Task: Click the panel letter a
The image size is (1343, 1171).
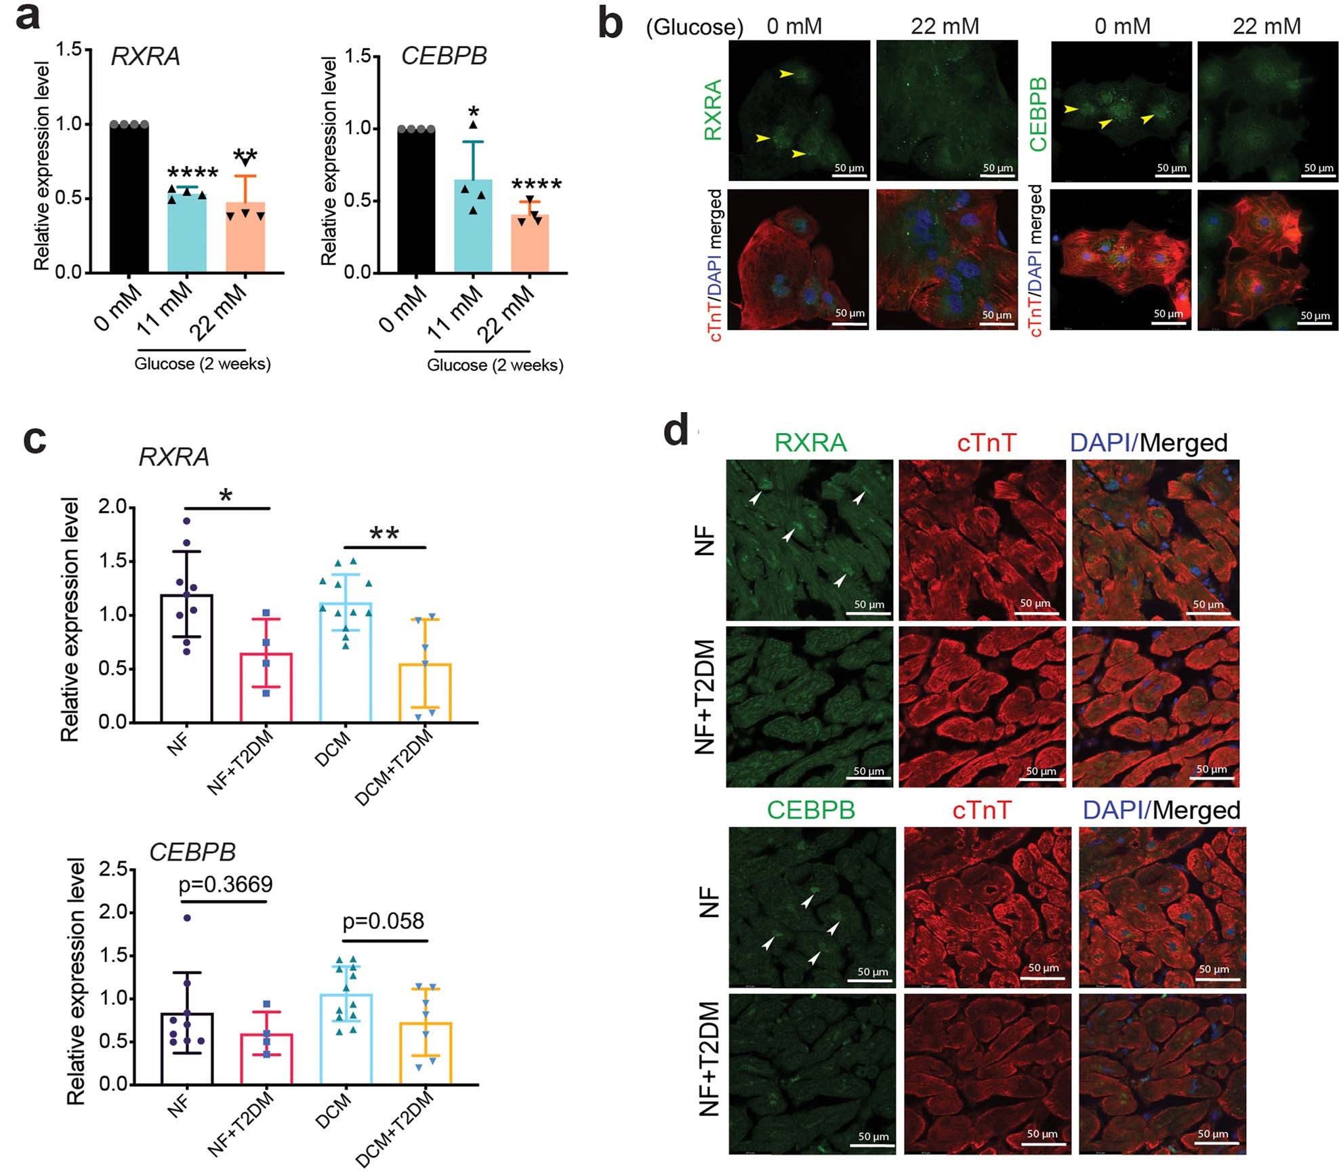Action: [x=28, y=18]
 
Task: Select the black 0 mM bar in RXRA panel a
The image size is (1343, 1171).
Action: [x=129, y=200]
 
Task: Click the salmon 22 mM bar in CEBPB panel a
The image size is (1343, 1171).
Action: [x=530, y=244]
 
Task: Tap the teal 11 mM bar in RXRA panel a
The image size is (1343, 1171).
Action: [x=187, y=234]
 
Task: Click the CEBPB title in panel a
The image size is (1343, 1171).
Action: [x=444, y=56]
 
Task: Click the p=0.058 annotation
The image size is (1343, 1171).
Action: [x=383, y=921]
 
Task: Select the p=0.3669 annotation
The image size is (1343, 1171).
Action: [x=226, y=884]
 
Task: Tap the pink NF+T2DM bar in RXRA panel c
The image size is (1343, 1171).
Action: [x=266, y=688]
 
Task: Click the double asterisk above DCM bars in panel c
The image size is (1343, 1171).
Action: [x=384, y=534]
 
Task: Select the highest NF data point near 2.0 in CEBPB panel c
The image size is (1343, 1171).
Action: [x=187, y=918]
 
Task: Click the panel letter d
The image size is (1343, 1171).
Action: [x=676, y=432]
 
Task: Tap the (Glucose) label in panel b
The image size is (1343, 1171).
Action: [x=695, y=27]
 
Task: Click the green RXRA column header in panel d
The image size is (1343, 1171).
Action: [x=810, y=443]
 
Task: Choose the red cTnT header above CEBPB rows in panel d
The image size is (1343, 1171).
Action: [x=981, y=810]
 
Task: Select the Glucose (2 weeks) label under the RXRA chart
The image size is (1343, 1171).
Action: [x=202, y=364]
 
